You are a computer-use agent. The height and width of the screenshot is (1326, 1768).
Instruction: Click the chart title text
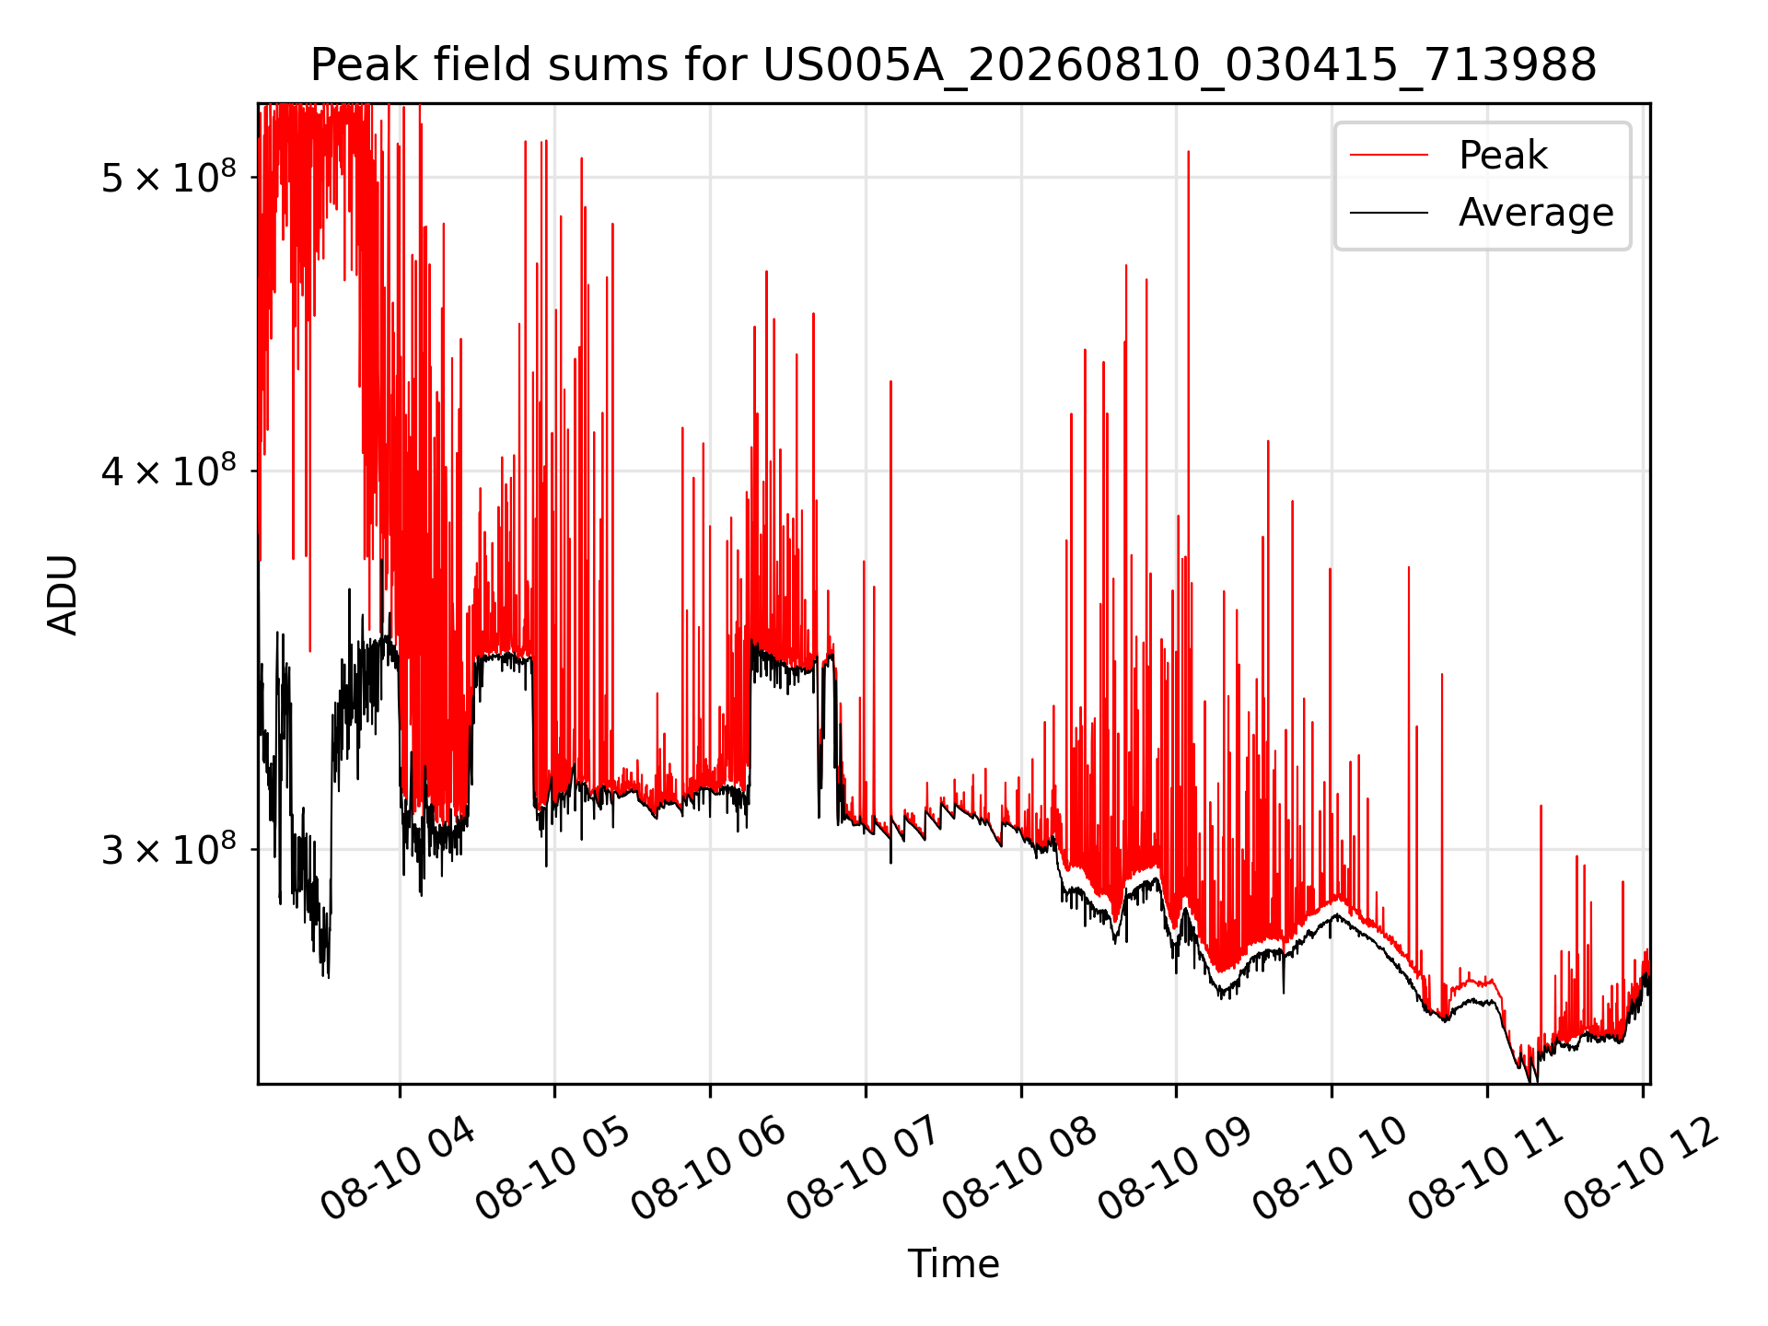coord(953,65)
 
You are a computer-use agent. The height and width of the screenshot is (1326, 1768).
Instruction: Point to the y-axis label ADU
coord(63,594)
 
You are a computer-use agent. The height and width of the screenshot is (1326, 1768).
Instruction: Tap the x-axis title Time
coord(953,1263)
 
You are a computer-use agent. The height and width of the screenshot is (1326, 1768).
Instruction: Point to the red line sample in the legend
coord(1389,156)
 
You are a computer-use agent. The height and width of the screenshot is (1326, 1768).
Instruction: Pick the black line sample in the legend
coord(1389,213)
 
